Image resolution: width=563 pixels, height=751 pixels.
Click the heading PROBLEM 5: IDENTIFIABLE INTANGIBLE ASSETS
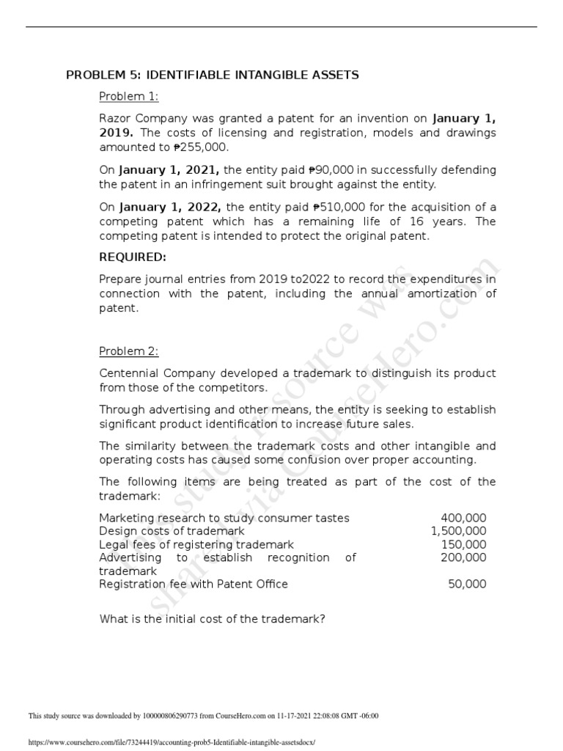[x=213, y=75]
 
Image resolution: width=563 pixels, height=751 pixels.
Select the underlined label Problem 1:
[x=129, y=97]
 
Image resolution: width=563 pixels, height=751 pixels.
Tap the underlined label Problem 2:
[x=129, y=351]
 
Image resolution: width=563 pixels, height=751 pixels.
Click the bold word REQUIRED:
[x=133, y=257]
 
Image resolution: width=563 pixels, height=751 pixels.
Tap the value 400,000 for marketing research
[x=463, y=518]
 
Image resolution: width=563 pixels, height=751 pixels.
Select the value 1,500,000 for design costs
[x=458, y=531]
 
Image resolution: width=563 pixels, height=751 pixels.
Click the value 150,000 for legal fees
[x=463, y=544]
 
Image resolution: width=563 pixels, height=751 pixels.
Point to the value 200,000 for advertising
[x=463, y=557]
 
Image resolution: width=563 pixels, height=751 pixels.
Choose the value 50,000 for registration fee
[x=466, y=584]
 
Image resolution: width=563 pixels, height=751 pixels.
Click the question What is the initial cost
[x=212, y=618]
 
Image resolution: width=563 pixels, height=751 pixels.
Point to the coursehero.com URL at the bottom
[x=171, y=741]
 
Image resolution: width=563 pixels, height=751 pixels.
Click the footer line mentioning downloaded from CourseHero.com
[x=203, y=716]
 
